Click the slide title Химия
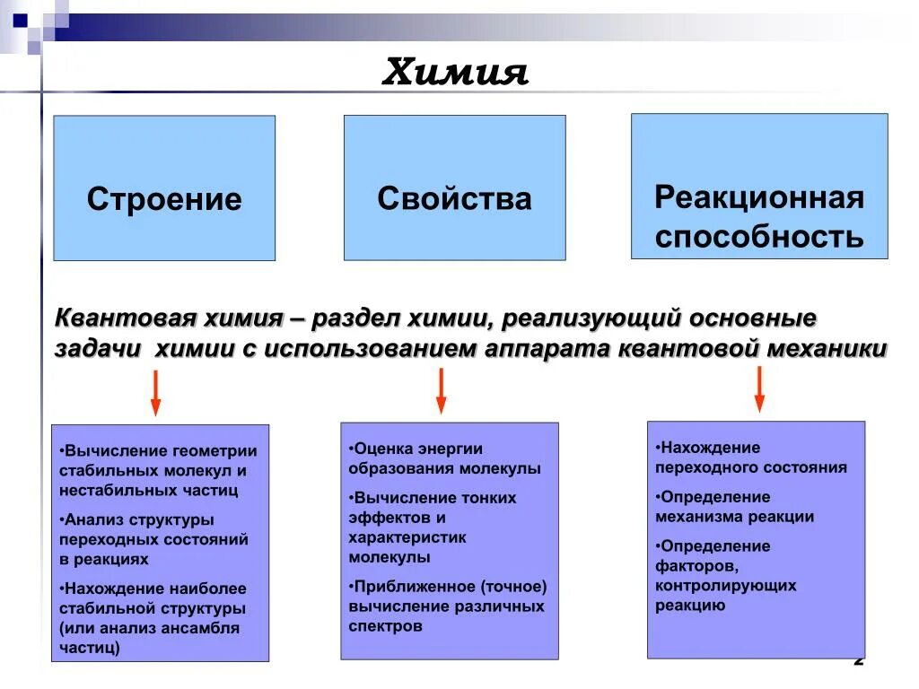455,72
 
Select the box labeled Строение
164,198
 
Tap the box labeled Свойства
454,198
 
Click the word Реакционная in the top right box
759,196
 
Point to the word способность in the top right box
759,237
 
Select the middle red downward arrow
441,391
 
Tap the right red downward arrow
759,388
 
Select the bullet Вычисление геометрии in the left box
158,451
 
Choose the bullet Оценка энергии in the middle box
417,449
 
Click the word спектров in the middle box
385,626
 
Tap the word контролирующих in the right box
725,586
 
